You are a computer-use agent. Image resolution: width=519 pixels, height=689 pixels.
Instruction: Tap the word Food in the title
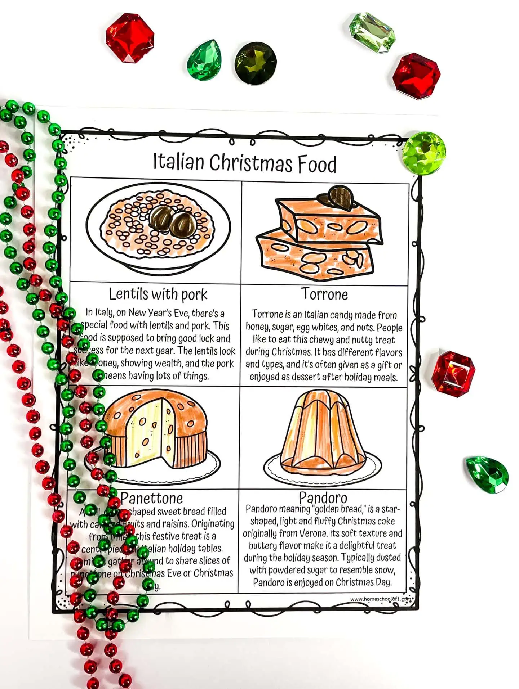317,165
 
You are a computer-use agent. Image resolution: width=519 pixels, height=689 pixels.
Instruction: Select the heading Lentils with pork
158,294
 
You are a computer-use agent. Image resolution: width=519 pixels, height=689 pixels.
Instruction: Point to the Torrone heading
325,294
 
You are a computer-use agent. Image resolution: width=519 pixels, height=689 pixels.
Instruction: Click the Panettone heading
152,498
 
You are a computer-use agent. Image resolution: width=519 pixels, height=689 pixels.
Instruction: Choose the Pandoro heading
323,497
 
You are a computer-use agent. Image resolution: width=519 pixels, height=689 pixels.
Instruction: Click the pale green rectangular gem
372,33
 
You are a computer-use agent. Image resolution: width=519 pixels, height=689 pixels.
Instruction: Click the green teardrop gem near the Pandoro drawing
487,474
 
